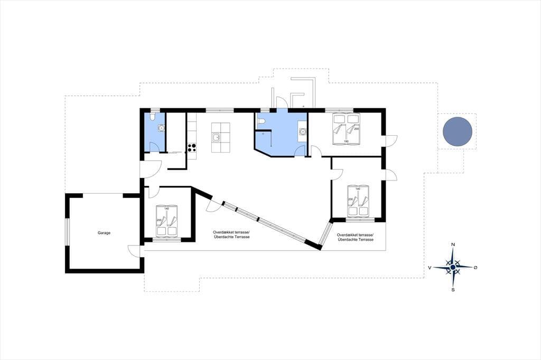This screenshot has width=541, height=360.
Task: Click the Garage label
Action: (x=104, y=233)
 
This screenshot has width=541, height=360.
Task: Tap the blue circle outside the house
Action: (x=457, y=131)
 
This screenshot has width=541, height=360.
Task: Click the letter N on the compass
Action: (x=453, y=245)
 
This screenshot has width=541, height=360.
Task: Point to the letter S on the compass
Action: (x=453, y=290)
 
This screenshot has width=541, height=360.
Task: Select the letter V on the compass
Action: (x=430, y=268)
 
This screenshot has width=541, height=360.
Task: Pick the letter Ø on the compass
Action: (x=475, y=268)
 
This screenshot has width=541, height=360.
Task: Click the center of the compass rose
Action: (x=453, y=267)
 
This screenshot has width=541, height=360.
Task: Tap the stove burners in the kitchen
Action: (x=192, y=148)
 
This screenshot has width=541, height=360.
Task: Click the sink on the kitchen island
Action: (x=216, y=138)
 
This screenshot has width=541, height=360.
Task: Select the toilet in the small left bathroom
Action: (x=153, y=117)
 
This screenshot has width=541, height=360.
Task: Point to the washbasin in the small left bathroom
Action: (x=161, y=128)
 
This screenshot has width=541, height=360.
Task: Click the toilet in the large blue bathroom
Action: (x=261, y=121)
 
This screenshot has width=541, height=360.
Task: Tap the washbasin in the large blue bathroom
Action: (x=303, y=131)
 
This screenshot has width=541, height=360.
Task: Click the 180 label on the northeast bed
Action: (x=346, y=141)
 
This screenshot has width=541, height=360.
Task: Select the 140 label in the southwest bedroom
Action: (x=166, y=209)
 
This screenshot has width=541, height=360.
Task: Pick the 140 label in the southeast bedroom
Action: (x=358, y=189)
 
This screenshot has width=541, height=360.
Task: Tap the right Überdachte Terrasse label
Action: (x=356, y=239)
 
